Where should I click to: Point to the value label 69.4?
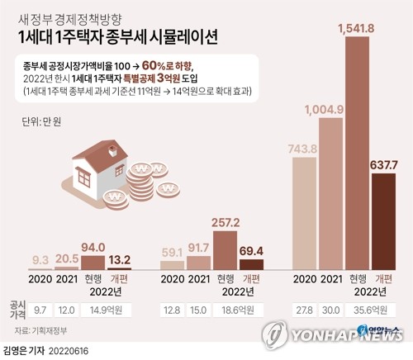tap(251, 249)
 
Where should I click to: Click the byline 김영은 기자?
tap(24, 350)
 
